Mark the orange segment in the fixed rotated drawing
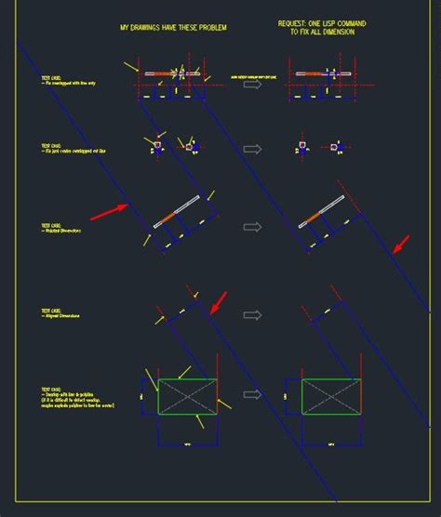(310, 219)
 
